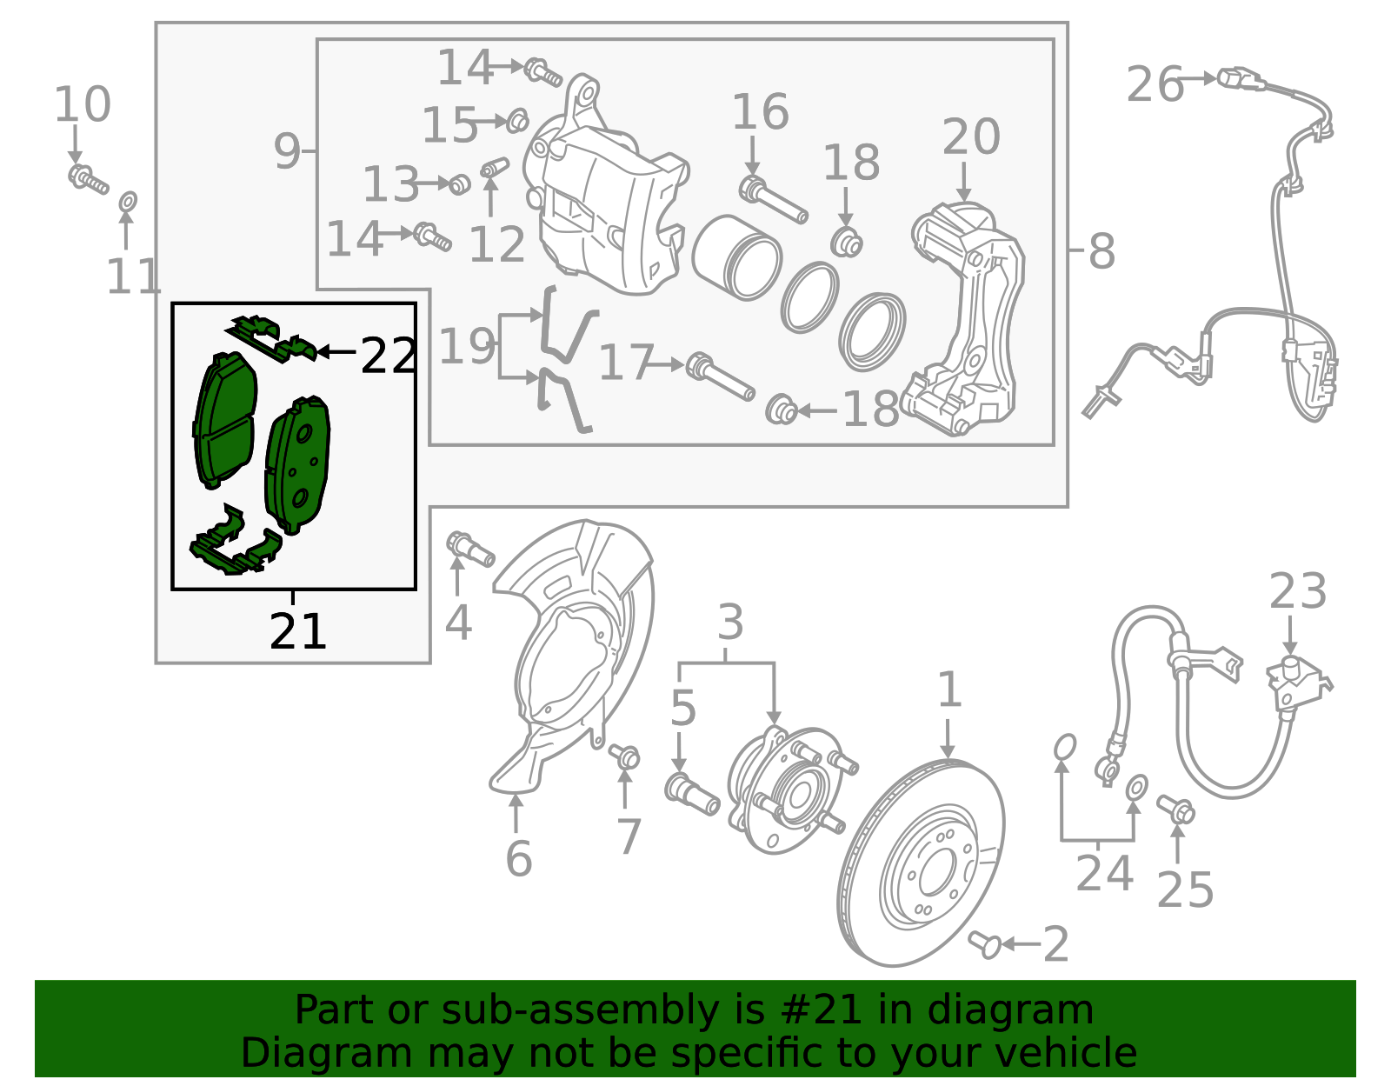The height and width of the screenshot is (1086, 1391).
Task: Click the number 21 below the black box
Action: point(297,632)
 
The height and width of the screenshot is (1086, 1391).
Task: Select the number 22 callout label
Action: point(388,356)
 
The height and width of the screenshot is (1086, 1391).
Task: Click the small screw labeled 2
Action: point(986,943)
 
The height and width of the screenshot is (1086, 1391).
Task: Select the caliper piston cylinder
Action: point(735,257)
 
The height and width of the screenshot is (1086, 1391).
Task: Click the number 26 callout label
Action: point(1155,84)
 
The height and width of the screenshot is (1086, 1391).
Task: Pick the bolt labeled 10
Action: point(88,180)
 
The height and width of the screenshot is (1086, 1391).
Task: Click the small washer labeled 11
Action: point(127,203)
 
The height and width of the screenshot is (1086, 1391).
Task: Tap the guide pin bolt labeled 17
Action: point(720,378)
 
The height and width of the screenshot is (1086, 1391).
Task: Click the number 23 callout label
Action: point(1297,592)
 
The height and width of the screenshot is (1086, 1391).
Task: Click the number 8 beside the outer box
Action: point(1101,252)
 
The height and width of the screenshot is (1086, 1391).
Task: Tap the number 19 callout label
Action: point(467,346)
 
